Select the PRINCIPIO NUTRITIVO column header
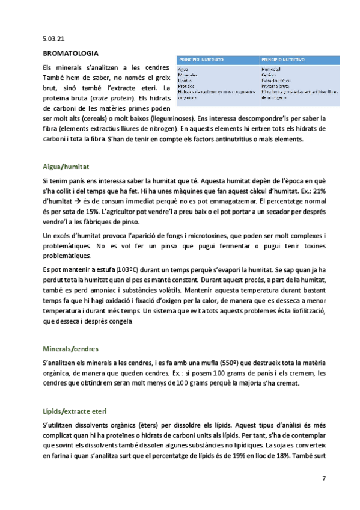[283, 60]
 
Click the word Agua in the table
[184, 69]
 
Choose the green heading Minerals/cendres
[71, 349]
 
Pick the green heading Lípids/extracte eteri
[75, 411]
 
